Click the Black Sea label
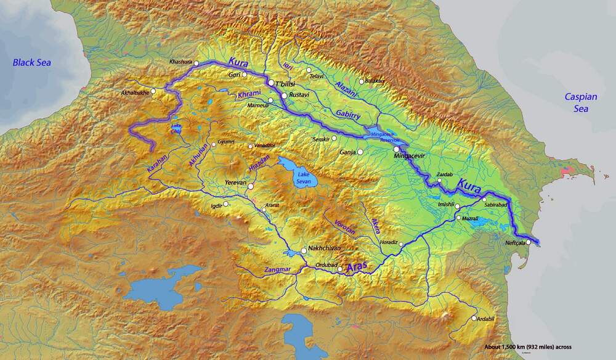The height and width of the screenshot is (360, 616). [x=33, y=62]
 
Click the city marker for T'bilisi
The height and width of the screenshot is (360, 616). [x=270, y=82]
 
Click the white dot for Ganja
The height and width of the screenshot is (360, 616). [x=360, y=152]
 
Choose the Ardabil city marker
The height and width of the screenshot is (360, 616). [x=474, y=318]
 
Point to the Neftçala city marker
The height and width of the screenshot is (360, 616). [x=528, y=242]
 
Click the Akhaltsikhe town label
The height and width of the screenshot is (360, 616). [x=135, y=92]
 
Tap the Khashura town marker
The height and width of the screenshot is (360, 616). [x=196, y=63]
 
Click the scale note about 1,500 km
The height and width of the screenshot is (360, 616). [x=528, y=347]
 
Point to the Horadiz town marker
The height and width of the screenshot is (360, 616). [x=401, y=245]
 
